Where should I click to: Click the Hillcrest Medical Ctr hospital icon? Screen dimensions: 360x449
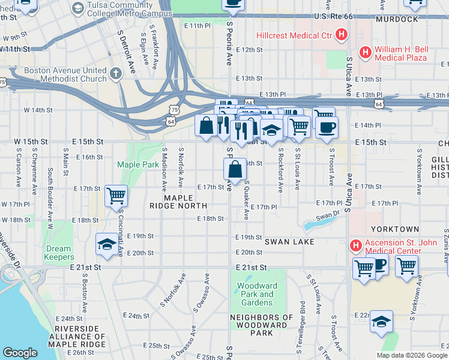(x=341, y=35)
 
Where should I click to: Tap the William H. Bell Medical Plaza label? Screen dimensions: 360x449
(x=400, y=53)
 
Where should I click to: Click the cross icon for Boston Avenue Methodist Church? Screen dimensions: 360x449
(x=115, y=74)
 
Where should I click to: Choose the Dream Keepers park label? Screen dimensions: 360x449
(x=58, y=253)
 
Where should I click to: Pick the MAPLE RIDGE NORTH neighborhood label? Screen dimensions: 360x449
(x=178, y=201)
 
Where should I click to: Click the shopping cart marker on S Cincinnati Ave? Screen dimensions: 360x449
(x=115, y=195)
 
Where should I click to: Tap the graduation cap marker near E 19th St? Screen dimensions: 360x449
(x=107, y=244)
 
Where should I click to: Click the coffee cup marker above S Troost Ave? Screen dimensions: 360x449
(x=327, y=127)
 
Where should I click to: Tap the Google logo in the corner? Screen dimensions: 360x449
(x=20, y=353)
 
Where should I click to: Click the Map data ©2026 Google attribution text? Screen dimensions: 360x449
(x=412, y=355)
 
